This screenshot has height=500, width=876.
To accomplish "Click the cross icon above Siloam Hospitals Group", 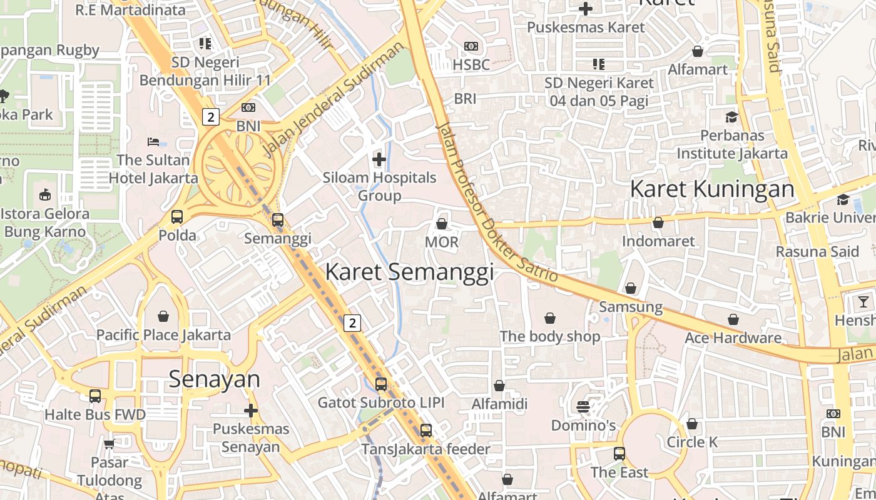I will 379,159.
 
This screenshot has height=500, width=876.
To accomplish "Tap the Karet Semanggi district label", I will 409,272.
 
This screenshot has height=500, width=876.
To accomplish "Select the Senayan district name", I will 214,379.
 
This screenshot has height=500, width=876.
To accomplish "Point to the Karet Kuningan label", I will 712,188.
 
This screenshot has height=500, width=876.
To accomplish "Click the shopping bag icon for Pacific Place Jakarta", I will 163,316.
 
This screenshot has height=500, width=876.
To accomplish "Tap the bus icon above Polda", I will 177,217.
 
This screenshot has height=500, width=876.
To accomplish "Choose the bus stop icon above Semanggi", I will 277,220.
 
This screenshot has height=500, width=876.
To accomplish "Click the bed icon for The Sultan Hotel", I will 153,142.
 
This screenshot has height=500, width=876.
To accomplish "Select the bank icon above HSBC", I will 471,46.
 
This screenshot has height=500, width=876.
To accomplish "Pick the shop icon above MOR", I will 442,224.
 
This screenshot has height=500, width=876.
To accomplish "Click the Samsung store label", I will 630,307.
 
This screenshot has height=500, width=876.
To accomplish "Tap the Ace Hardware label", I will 733,338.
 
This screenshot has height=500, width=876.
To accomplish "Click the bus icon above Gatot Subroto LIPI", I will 380,384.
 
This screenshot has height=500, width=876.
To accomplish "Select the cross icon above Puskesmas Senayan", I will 251,411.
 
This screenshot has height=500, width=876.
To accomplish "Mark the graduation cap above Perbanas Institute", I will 731,117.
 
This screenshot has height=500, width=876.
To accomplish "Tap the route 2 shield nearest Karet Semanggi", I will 353,323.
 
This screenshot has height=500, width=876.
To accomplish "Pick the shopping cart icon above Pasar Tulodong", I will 109,444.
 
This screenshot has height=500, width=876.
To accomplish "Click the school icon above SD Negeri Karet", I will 599,64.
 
